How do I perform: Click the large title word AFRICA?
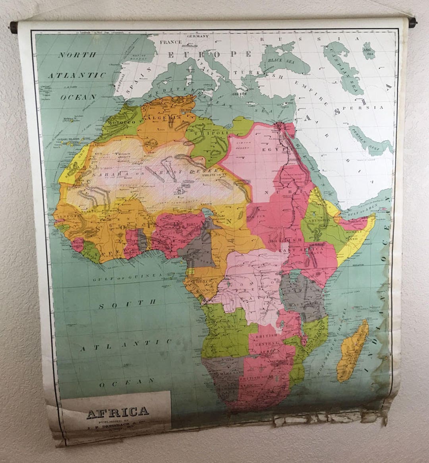pyautogui.click(x=118, y=411)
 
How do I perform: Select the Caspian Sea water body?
pyautogui.click(x=342, y=70)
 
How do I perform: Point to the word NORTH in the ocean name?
pyautogui.click(x=77, y=55)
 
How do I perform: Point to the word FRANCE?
pyautogui.click(x=170, y=42)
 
